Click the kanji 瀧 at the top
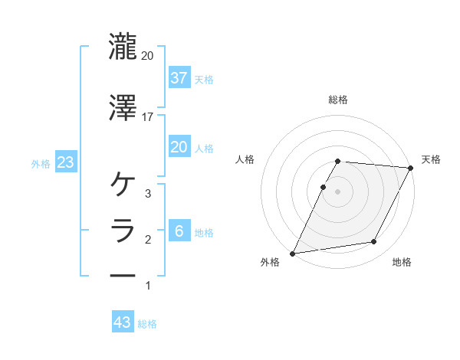click(123, 47)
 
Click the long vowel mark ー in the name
click(123, 276)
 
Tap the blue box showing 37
click(179, 77)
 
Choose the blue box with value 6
click(179, 232)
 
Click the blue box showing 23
click(64, 163)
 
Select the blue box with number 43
click(123, 323)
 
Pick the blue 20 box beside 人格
click(179, 147)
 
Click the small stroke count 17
click(147, 117)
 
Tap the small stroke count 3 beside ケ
click(148, 194)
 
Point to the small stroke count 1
click(148, 286)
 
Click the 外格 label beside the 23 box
click(41, 164)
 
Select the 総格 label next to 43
click(147, 324)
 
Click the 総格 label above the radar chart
click(338, 100)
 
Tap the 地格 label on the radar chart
click(402, 263)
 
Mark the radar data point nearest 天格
click(411, 168)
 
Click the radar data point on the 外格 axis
click(293, 254)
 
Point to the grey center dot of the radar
click(338, 191)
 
